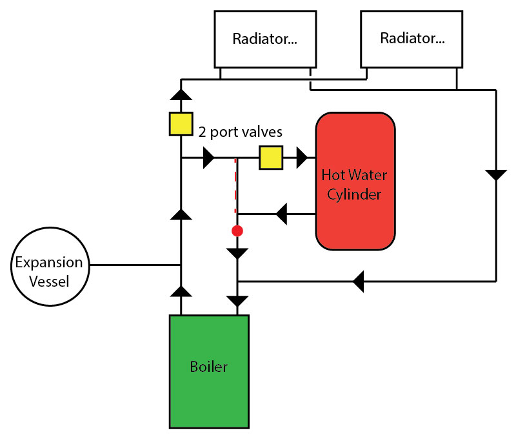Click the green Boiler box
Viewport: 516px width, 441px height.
tap(209, 371)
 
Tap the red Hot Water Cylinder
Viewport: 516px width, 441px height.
tap(355, 181)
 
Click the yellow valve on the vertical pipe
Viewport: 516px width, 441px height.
tap(181, 123)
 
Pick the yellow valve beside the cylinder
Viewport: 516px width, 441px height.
tap(271, 158)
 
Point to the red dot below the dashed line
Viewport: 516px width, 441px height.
tap(237, 231)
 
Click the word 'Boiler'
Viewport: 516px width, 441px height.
tap(209, 367)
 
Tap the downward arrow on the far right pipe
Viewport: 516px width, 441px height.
tap(496, 174)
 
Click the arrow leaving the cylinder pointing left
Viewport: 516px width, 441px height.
tap(281, 213)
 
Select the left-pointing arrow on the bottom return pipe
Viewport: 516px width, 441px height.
tap(359, 281)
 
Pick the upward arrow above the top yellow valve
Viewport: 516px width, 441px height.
tap(181, 95)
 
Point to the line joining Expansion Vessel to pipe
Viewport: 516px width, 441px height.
tap(135, 265)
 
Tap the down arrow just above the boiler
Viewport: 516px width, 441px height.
tap(237, 301)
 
